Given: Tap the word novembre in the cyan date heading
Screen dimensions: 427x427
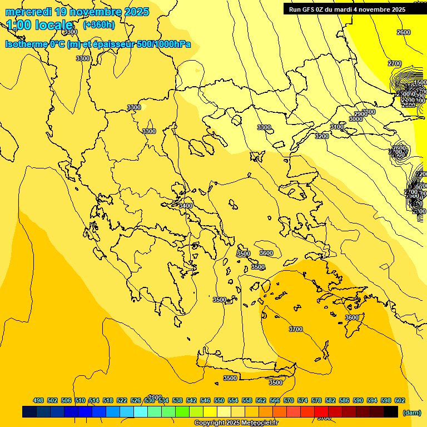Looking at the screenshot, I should click(x=91, y=12).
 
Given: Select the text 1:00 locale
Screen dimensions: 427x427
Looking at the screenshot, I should click(x=39, y=25).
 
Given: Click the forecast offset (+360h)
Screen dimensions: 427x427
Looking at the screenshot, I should click(x=99, y=25).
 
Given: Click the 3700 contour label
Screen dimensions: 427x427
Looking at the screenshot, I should click(x=296, y=329).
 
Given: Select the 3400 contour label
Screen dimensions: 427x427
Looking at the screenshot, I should click(x=186, y=206).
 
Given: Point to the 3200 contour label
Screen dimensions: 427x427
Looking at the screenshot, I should click(x=321, y=136).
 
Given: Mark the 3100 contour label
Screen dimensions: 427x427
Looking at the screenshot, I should click(x=337, y=127).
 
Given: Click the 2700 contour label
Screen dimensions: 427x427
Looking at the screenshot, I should click(x=395, y=63).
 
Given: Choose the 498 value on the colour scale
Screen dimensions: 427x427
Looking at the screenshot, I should click(x=38, y=400).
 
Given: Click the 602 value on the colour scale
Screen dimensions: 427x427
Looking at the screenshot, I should click(x=400, y=400).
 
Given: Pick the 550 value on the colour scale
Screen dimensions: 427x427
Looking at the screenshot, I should click(x=219, y=400).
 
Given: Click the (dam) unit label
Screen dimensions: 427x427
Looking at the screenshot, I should click(x=411, y=412).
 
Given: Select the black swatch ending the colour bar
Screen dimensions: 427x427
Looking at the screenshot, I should click(x=391, y=411).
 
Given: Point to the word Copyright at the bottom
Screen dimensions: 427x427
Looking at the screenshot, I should click(x=210, y=423).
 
